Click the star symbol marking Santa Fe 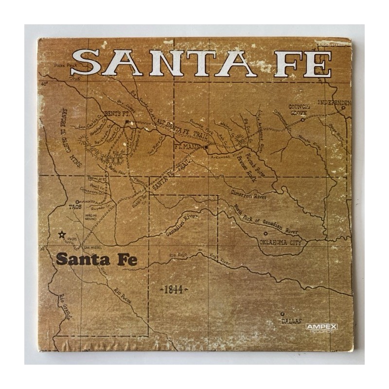pos(61,235)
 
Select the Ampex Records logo pos(321,328)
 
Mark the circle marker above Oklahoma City pos(265,233)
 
